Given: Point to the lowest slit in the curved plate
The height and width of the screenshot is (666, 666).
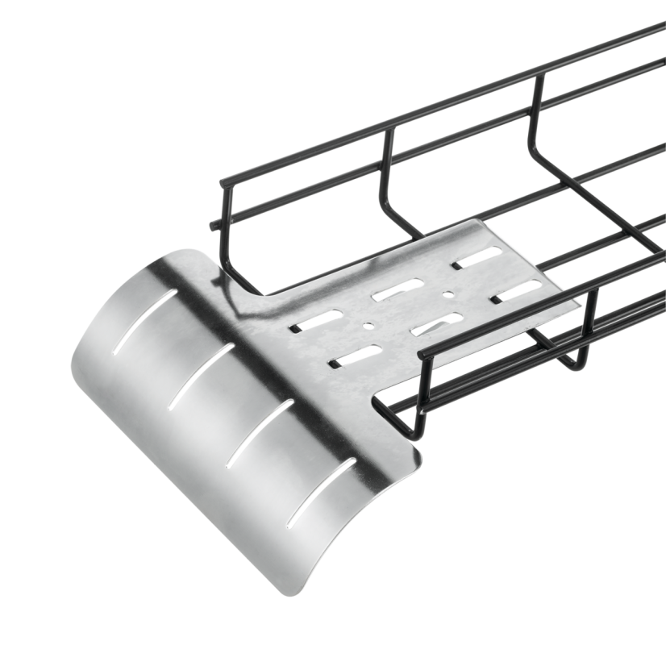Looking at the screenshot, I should pyautogui.click(x=321, y=489).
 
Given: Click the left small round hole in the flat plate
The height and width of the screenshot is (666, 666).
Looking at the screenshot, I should pyautogui.click(x=368, y=327).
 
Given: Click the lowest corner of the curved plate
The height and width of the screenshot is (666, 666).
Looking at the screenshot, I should pyautogui.click(x=285, y=594).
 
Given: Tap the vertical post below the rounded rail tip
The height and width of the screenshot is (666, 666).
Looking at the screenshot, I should pyautogui.click(x=420, y=395).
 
